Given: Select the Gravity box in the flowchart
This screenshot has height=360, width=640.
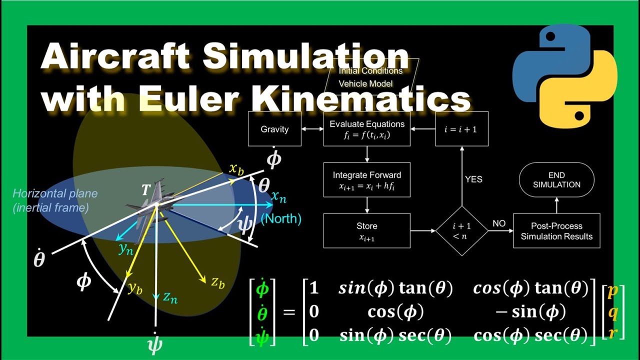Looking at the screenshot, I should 274,129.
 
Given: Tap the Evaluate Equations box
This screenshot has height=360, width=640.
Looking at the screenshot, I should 366,129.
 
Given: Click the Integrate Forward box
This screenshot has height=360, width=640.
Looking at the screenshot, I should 366,180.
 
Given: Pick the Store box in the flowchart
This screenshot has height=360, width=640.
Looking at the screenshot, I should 366,230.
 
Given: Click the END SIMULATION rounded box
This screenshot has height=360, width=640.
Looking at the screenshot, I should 556,179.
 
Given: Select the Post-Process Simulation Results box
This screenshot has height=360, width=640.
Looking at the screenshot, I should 556,230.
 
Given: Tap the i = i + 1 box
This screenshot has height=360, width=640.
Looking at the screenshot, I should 461,129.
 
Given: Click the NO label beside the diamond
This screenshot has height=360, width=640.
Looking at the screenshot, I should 499,223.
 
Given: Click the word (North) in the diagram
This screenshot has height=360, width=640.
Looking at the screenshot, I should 281,218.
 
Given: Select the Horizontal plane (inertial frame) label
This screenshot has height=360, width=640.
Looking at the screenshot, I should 55,200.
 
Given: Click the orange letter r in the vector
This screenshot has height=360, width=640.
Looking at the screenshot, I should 613,334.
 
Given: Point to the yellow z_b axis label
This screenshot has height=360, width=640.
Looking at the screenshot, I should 217,283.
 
